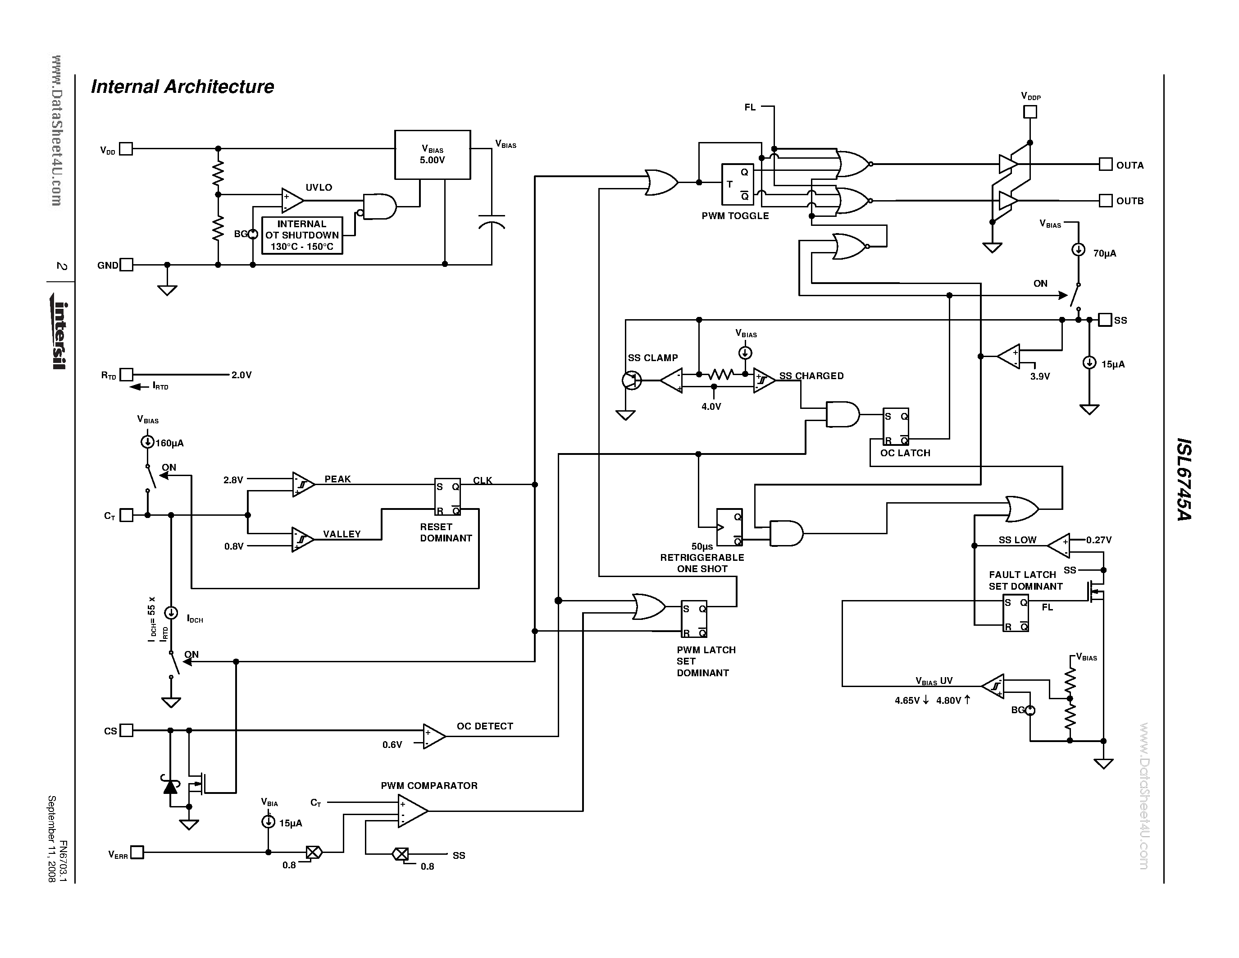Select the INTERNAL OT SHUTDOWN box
[302, 235]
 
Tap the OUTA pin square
[1105, 165]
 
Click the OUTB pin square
[1105, 200]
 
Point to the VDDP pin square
[1029, 112]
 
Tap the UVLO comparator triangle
[292, 200]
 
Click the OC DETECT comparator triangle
[433, 736]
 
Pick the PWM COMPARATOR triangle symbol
[411, 811]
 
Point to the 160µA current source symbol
[147, 442]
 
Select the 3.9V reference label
[1040, 376]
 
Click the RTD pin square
[127, 375]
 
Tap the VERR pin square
[137, 852]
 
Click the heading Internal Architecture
[182, 87]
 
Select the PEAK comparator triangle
[302, 484]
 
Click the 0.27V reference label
[1098, 540]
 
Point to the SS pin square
[1105, 320]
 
